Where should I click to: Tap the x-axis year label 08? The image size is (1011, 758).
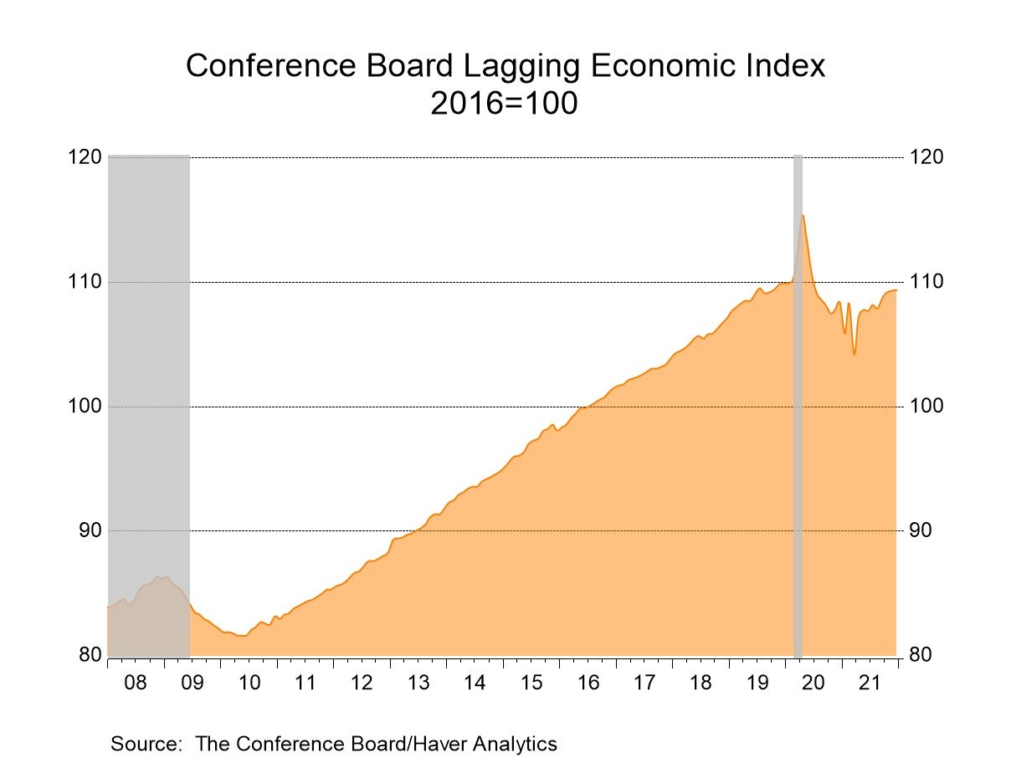click(x=136, y=683)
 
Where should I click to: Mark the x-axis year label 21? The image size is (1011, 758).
click(x=870, y=683)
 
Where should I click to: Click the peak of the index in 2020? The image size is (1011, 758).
click(x=803, y=216)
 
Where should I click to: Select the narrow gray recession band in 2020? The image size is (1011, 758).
click(x=798, y=402)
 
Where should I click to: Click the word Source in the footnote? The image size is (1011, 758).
click(x=146, y=743)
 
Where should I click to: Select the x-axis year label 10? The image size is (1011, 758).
click(x=249, y=683)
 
